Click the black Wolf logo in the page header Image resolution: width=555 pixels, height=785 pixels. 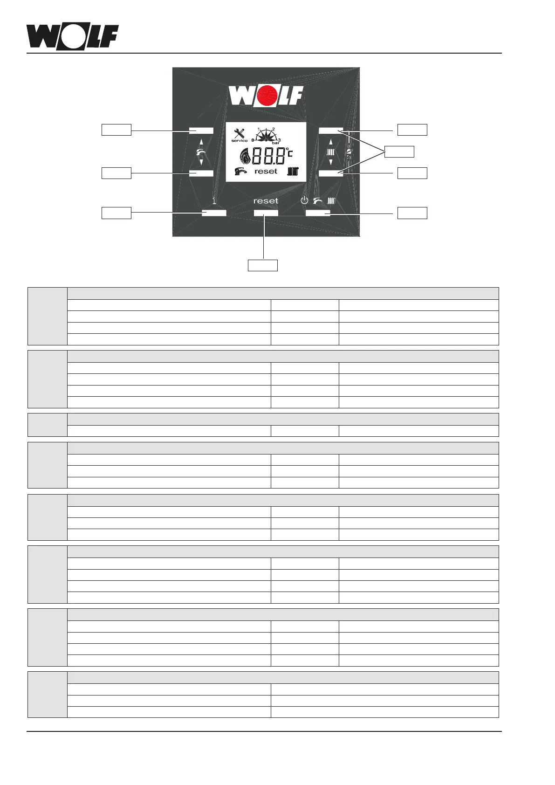(72, 37)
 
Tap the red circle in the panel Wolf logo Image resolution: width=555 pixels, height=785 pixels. (266, 96)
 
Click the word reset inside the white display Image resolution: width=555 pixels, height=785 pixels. (266, 172)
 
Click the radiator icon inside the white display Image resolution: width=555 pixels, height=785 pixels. (293, 172)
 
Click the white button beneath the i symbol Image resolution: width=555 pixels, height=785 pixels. (214, 213)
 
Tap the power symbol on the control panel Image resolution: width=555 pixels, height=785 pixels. (304, 201)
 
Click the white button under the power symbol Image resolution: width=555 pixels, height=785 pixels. (318, 213)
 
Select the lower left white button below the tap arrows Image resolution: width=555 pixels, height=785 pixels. (201, 173)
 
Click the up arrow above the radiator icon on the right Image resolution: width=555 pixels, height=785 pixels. (331, 142)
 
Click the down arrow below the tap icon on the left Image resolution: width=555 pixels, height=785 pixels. (201, 162)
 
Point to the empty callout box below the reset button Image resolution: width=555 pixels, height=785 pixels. (262, 265)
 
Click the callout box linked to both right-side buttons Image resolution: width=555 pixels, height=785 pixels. (399, 151)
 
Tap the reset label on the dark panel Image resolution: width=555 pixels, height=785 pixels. (266, 201)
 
